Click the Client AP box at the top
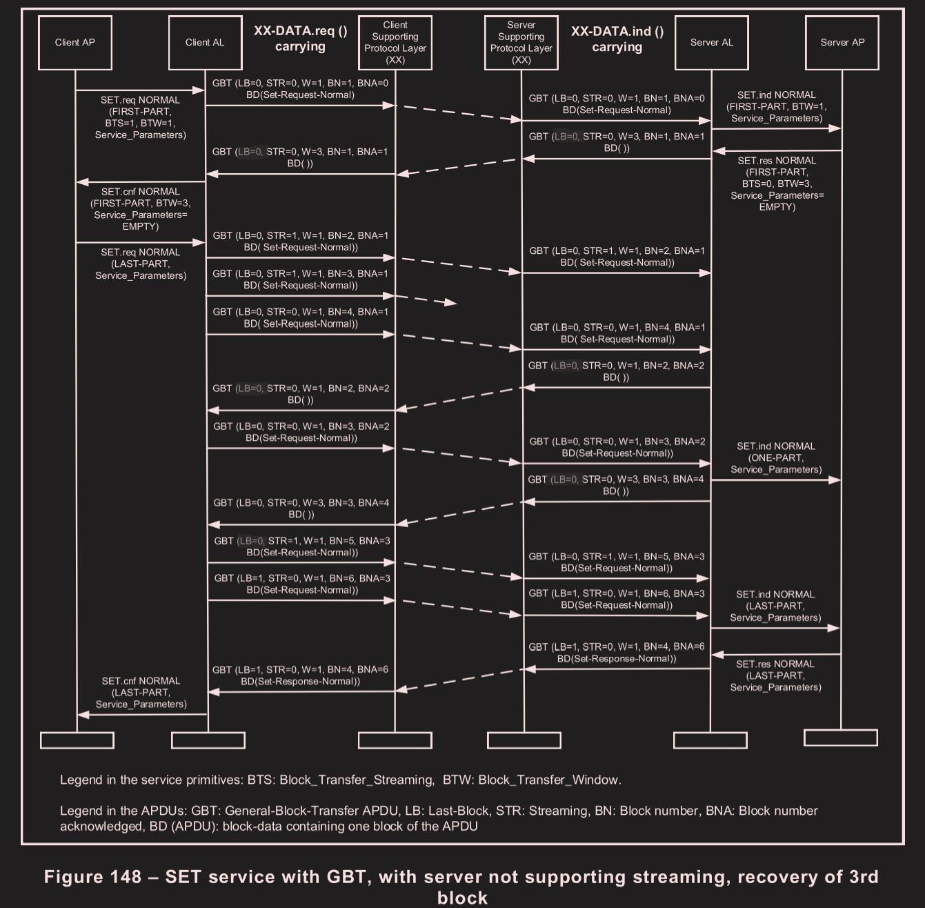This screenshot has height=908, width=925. pos(75,43)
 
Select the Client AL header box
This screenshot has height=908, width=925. pos(205,43)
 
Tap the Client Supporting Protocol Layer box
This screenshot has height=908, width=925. pos(395,43)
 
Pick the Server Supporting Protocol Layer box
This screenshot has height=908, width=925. pos(521,43)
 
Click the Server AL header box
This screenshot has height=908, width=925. pos(711,43)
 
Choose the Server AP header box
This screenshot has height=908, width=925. pos(842,43)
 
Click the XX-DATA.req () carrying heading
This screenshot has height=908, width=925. pos(300,39)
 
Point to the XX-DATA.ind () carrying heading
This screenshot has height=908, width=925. pos(617,39)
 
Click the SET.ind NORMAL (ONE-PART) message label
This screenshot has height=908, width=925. pos(776,458)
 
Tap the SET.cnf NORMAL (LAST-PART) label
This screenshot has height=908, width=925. pos(141,693)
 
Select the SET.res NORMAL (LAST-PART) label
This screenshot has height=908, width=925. pos(775,675)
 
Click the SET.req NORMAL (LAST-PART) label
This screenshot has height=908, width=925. pos(141,264)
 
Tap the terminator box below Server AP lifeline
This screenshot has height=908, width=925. pos(841,738)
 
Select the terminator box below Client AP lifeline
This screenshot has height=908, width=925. pos(77,740)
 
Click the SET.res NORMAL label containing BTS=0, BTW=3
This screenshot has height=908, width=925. pos(777,184)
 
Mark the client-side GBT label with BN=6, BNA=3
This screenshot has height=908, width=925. pos(302,584)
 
